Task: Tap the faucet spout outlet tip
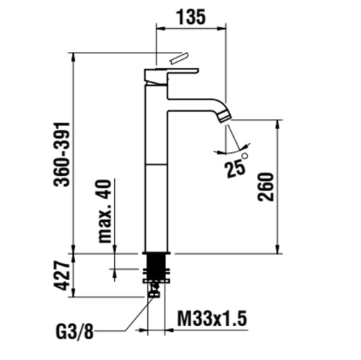pyautogui.click(x=226, y=115)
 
